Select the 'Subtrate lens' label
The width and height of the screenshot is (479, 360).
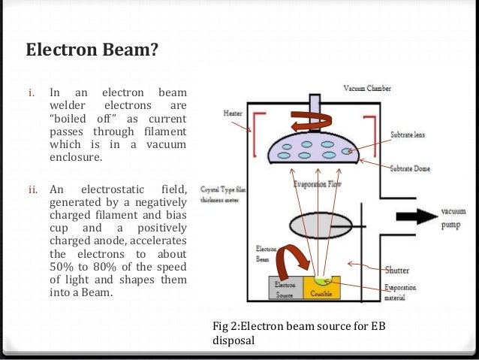coord(409,135)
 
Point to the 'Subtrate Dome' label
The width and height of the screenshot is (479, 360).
coord(409,168)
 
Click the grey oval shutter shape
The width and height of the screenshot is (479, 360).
coord(319,225)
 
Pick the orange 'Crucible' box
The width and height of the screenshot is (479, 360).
coord(321,289)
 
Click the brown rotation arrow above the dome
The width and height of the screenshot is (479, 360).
coord(309,120)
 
